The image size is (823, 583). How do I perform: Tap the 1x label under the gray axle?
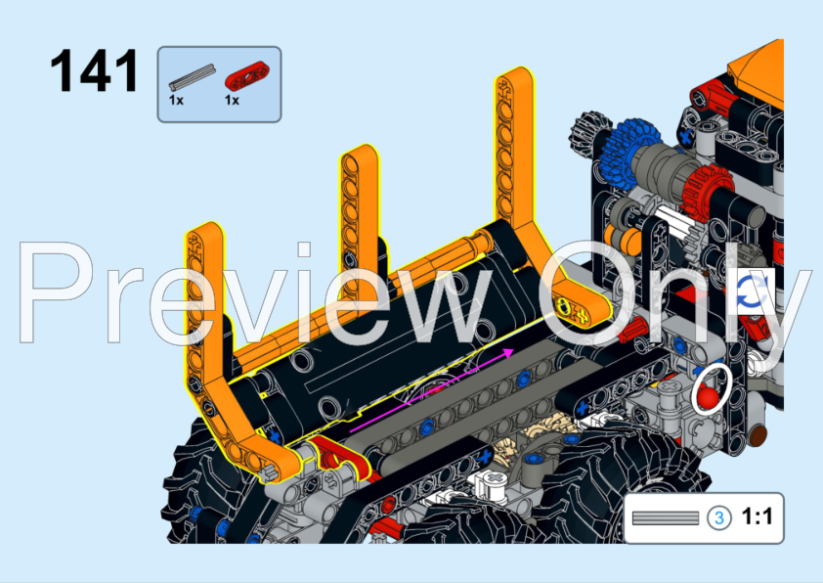coord(175,100)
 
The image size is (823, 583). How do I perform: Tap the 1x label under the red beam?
coord(232,100)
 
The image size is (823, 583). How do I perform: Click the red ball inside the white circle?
coord(706,396)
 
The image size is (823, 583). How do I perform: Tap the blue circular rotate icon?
coord(752,291)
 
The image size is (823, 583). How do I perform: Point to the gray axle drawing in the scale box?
coord(665,517)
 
